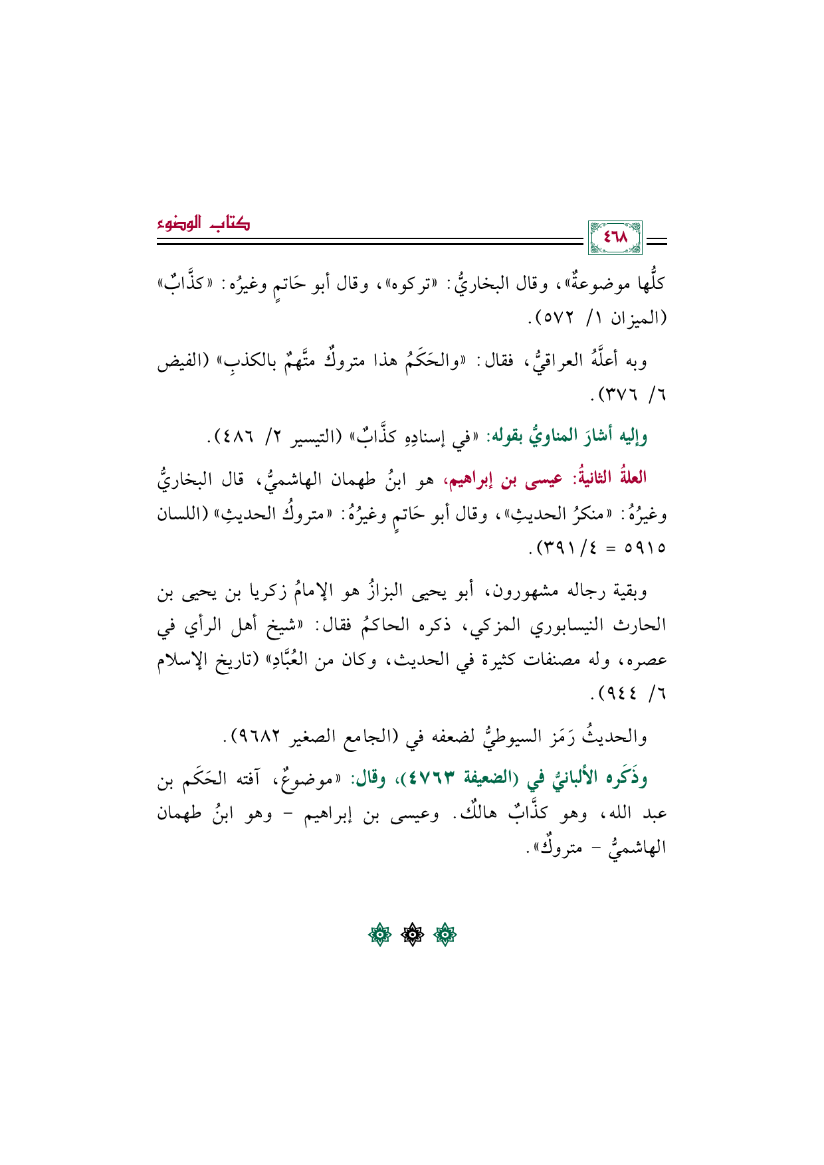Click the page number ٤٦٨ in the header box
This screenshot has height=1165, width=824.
click(x=615, y=237)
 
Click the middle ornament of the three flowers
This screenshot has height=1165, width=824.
click(x=412, y=935)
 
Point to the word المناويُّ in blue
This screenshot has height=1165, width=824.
click(x=536, y=437)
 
